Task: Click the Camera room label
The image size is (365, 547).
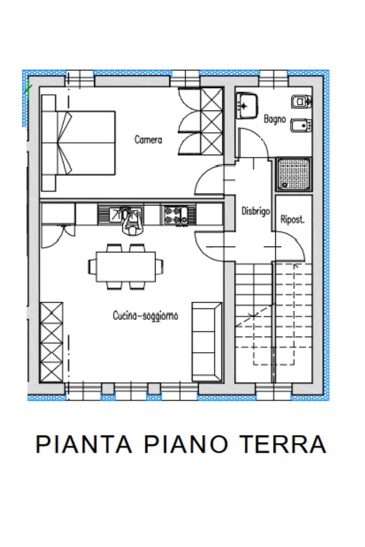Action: (148, 139)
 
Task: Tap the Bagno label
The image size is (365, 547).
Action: (275, 119)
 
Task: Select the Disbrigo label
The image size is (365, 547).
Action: (255, 211)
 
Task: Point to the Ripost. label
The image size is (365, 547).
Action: (292, 220)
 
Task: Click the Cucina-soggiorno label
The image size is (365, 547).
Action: (145, 316)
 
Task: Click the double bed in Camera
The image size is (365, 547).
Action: (78, 142)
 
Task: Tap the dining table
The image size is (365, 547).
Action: (126, 266)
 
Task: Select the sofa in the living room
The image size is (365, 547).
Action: (207, 342)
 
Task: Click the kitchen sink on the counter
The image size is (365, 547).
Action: (120, 214)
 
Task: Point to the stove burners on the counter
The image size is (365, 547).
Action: (178, 215)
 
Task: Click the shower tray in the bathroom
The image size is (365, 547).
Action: (294, 174)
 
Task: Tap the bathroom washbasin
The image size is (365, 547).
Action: (246, 105)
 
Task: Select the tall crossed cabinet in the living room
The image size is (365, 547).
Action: (52, 342)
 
